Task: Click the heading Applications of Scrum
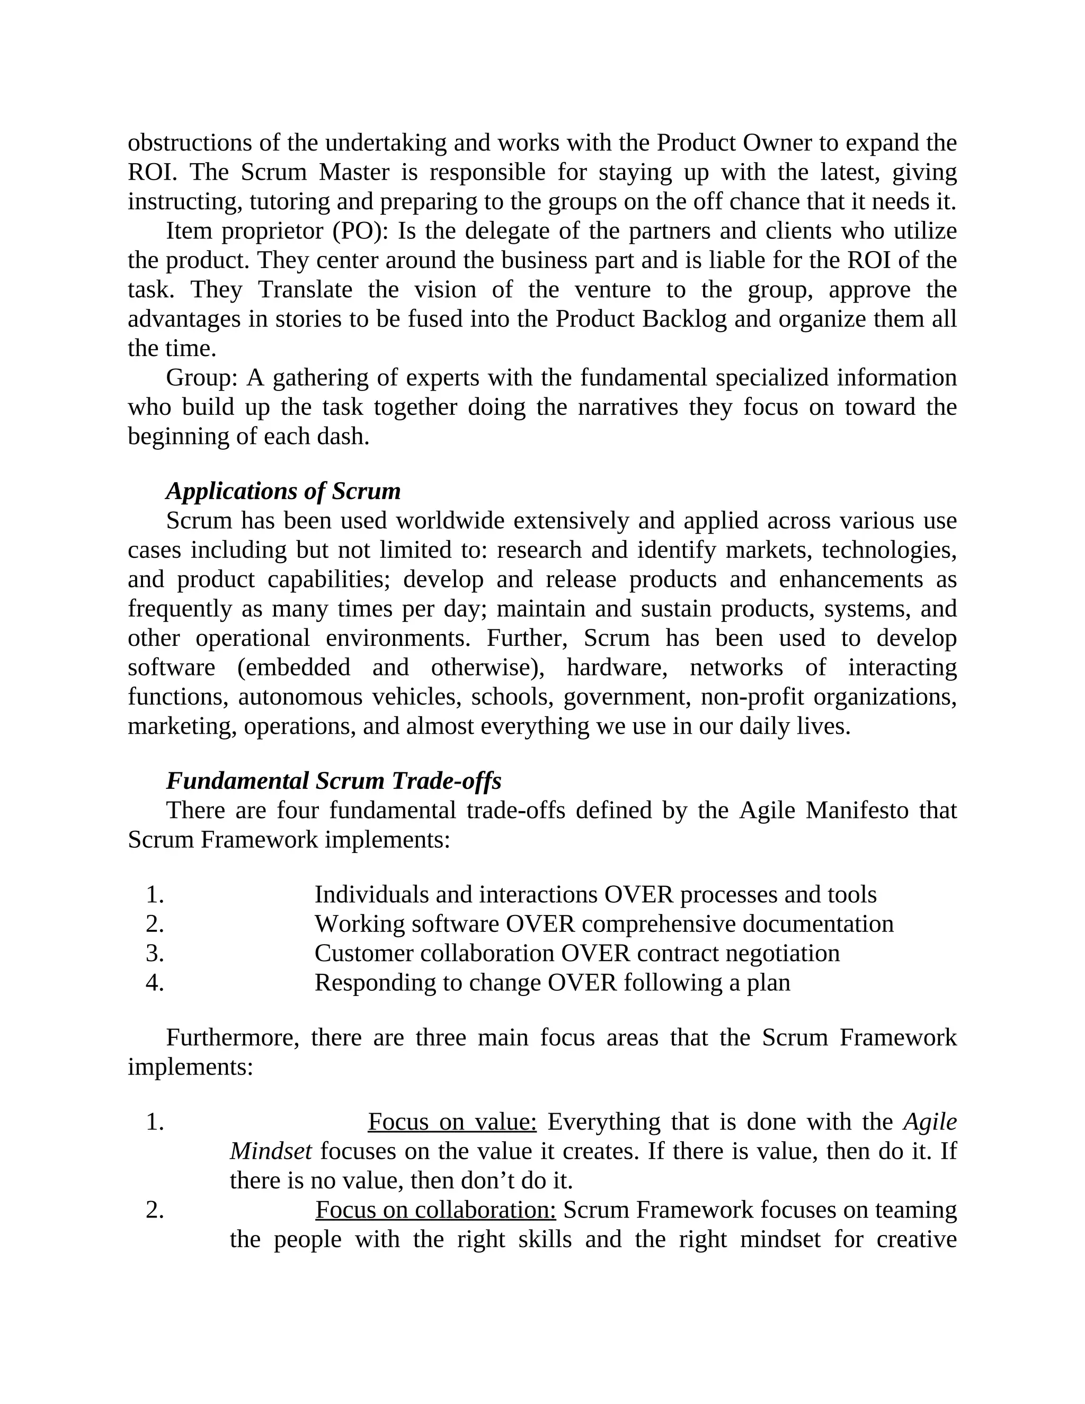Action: [283, 491]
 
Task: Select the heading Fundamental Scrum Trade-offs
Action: [334, 780]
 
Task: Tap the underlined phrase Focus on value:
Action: [452, 1122]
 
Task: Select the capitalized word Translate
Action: [305, 290]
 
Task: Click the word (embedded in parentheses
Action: [294, 667]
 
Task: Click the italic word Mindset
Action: [271, 1151]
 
